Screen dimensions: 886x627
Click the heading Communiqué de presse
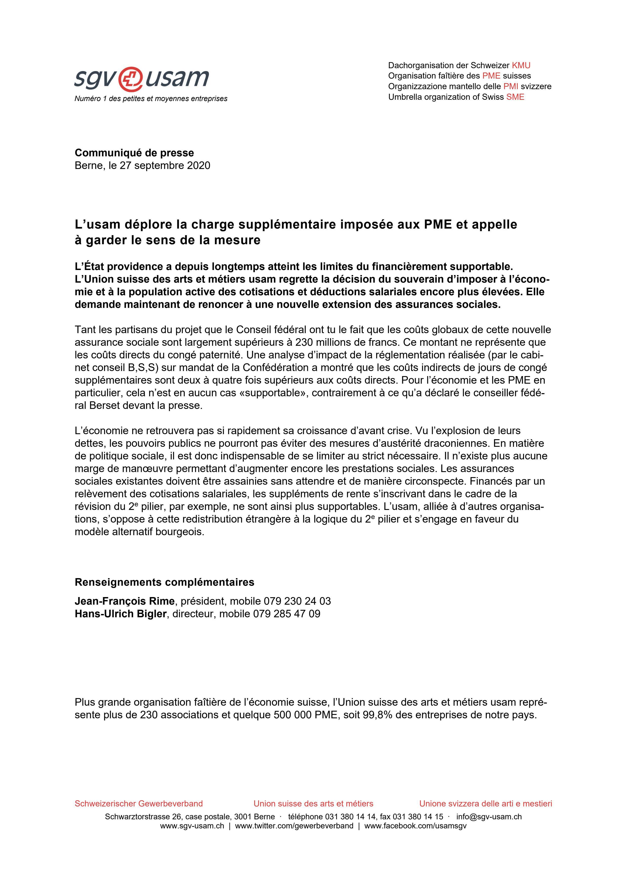pos(134,153)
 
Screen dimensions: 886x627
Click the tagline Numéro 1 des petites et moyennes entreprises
pos(151,99)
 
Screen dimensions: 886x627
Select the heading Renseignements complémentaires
pos(164,582)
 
